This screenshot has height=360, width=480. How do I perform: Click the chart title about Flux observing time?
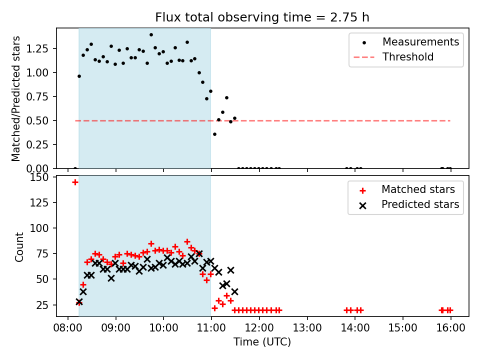tap(262, 17)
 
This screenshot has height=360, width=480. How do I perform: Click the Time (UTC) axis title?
tap(262, 342)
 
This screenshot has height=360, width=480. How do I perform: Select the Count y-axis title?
tap(19, 247)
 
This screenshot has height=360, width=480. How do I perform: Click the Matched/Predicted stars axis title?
tap(16, 98)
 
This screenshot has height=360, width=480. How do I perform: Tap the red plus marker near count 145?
tap(75, 182)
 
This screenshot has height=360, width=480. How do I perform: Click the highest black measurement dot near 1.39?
tap(151, 35)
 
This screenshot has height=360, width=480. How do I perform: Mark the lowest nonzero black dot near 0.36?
tap(214, 134)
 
